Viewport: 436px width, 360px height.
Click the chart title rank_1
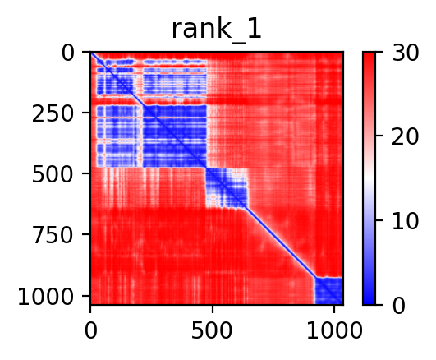216,30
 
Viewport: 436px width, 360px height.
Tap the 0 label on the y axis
68,53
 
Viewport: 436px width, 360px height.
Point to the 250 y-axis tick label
53,114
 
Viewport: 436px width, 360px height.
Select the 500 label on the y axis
53,175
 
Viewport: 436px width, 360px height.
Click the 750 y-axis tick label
53,236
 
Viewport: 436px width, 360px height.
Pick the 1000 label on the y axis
46,297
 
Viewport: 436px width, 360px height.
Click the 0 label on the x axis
90,330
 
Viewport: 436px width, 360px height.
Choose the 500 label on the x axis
212,330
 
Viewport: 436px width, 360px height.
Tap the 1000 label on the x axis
334,330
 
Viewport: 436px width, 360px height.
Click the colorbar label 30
405,53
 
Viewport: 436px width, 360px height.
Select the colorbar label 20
405,137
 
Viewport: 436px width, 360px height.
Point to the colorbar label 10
405,222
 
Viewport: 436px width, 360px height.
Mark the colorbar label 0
399,306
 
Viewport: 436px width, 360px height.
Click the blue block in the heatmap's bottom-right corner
328,290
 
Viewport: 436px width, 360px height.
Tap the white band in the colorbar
369,178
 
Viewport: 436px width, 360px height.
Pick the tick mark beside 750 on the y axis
86,234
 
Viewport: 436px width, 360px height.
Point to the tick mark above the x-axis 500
213,309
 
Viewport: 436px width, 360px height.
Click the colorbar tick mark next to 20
379,136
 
